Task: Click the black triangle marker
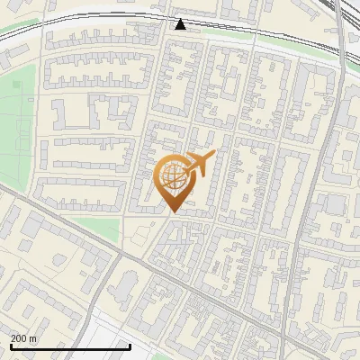[181, 24]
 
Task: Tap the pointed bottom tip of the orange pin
[174, 211]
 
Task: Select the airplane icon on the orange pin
[199, 165]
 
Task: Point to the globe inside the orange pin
[174, 177]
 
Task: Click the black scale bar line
[70, 346]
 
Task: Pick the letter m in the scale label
[33, 338]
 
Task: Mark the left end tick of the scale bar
[11, 346]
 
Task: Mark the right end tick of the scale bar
[130, 346]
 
